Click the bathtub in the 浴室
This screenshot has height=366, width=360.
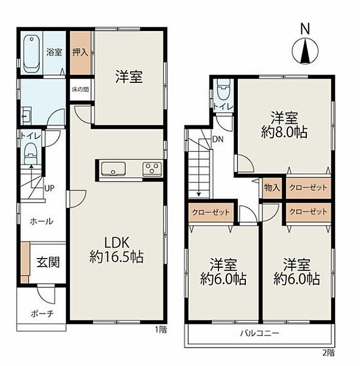coord(31,54)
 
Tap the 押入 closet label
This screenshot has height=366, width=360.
coord(80,52)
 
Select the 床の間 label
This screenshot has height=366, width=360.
coord(80,90)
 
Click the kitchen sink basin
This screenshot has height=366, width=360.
coord(113,169)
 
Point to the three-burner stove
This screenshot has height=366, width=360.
coord(152,169)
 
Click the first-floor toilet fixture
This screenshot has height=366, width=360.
coord(31,154)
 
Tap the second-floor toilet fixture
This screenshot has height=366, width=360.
coord(223,90)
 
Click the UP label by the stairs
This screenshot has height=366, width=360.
coord(49,188)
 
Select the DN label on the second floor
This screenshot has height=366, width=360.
coord(218,139)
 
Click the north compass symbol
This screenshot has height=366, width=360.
coord(305,51)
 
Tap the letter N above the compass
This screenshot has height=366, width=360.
coord(304,29)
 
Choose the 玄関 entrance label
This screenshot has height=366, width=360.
coord(48,262)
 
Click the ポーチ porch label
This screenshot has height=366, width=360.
coord(42,314)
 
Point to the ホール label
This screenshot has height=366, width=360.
coord(41,221)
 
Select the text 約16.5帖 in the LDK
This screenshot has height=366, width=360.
coord(117,257)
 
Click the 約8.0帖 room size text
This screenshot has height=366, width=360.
coord(284,132)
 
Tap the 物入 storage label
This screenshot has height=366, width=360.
coord(272,187)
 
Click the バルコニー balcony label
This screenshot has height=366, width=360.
coord(259,333)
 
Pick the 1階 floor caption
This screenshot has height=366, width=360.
coord(161,329)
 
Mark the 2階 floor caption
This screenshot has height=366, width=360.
coord(329,353)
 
